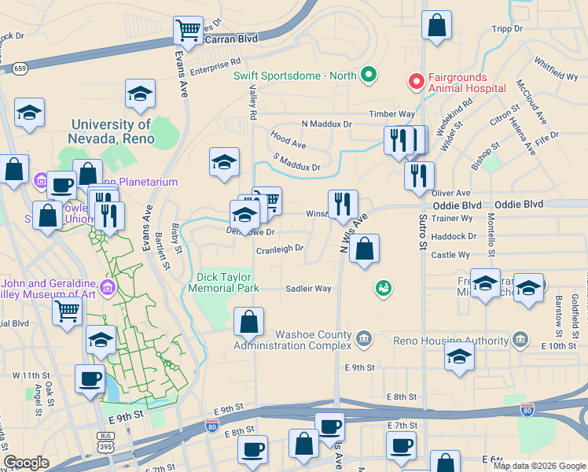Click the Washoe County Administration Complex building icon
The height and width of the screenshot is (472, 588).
363,338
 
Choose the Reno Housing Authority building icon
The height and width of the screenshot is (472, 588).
520,340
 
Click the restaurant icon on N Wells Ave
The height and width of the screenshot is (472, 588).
342,204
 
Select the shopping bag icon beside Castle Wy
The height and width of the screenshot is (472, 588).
364,249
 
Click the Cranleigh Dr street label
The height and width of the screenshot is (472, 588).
280,249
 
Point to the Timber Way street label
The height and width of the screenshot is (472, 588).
392,114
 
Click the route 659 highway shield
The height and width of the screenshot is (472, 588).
20,68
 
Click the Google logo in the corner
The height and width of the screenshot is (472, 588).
26,463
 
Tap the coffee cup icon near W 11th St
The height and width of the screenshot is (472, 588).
90,379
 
